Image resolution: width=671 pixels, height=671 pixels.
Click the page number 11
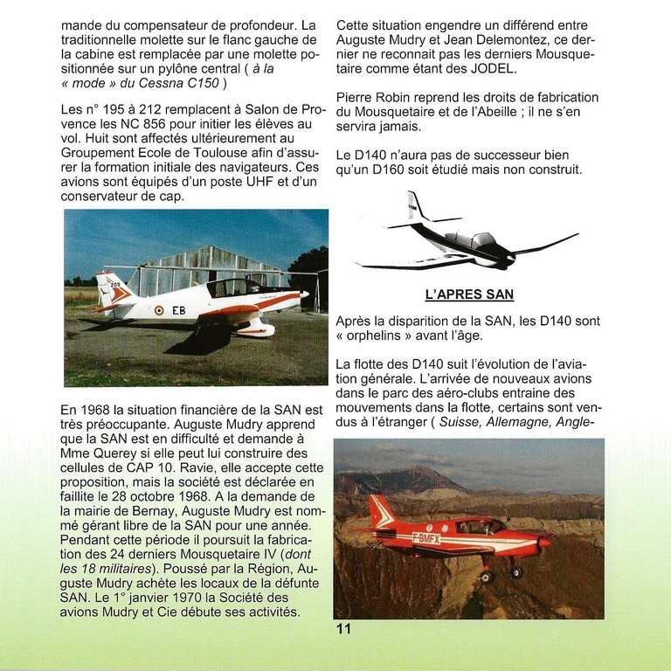click(343, 628)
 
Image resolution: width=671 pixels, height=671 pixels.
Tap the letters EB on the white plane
click(178, 310)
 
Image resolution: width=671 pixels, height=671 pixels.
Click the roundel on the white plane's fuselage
click(158, 310)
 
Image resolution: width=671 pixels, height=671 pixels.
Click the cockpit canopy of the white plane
click(230, 287)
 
